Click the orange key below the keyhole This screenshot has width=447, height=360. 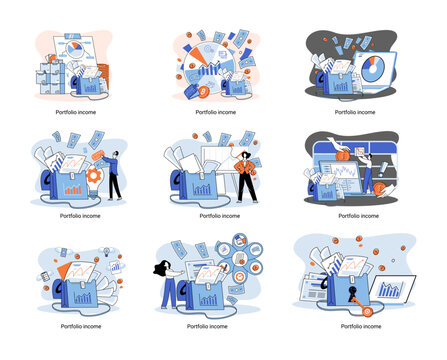[x=361, y=306]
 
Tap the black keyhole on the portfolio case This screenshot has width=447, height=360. [x=352, y=293]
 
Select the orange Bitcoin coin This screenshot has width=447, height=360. [x=203, y=92]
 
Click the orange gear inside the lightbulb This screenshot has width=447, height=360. [x=94, y=175]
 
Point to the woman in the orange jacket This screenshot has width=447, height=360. [x=246, y=178]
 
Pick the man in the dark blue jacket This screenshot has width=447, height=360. [x=113, y=175]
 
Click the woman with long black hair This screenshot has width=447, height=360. [x=168, y=283]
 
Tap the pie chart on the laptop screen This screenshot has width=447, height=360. [x=373, y=69]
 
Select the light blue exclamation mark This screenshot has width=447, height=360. [x=382, y=169]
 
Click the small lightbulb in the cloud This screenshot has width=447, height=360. [x=107, y=252]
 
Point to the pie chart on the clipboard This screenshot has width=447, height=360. [x=75, y=49]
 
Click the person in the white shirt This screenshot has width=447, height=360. [x=368, y=174]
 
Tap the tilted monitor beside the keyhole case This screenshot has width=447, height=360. [x=393, y=288]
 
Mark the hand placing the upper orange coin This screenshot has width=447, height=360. [x=339, y=144]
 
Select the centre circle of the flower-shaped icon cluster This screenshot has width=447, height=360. [x=239, y=258]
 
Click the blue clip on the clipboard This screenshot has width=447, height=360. [x=73, y=36]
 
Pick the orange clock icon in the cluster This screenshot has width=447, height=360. [x=239, y=277]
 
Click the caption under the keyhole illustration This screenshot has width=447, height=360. [x=361, y=326]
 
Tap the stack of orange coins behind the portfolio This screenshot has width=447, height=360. [x=104, y=76]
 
